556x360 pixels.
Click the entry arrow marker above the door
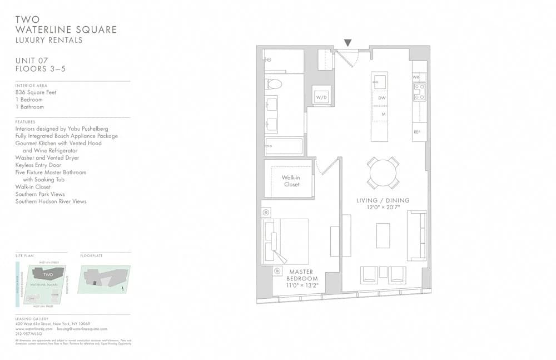pyautogui.click(x=348, y=43)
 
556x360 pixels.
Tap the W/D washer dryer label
pyautogui.click(x=321, y=97)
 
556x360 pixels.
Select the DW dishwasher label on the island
pyautogui.click(x=382, y=98)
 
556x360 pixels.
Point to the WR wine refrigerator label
pyautogui.click(x=416, y=77)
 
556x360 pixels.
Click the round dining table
pyautogui.click(x=383, y=172)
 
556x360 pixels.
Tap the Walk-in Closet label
pyautogui.click(x=291, y=181)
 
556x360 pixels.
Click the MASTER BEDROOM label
pyautogui.click(x=302, y=275)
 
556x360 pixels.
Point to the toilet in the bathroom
pyautogui.click(x=274, y=84)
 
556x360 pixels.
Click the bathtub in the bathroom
pyautogui.click(x=284, y=146)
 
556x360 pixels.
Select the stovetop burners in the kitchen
pyautogui.click(x=419, y=92)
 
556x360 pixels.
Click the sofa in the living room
pyautogui.click(x=416, y=235)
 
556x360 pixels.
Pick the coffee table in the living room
pyautogui.click(x=383, y=235)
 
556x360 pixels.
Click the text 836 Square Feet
pyautogui.click(x=36, y=92)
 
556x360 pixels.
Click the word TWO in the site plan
pyautogui.click(x=48, y=274)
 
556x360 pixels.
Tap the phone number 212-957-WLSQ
pyautogui.click(x=31, y=334)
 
